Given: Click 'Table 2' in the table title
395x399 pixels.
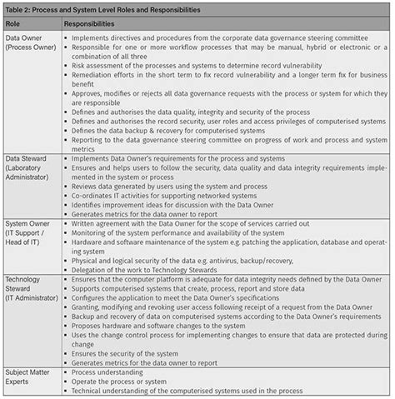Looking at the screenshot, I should click(22, 11).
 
